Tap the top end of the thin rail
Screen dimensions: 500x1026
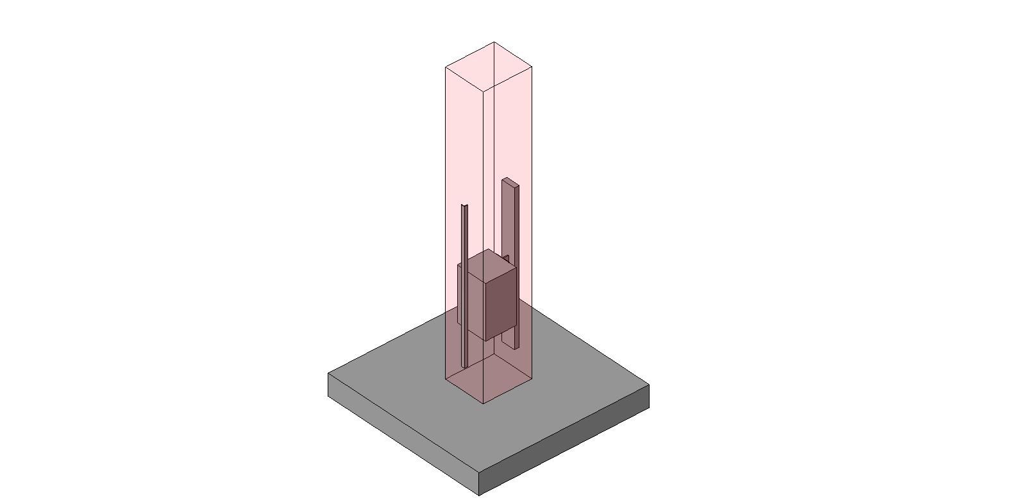(x=464, y=207)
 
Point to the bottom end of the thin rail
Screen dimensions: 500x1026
(x=465, y=366)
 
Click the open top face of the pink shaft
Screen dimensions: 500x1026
(x=489, y=65)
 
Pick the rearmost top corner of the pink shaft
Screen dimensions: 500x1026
(x=494, y=42)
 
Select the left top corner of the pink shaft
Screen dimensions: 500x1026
(x=446, y=66)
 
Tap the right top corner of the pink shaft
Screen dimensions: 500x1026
(x=532, y=65)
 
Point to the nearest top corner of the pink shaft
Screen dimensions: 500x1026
(x=483, y=89)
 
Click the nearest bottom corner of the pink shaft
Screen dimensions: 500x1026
(x=483, y=404)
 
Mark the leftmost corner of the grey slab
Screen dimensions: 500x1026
(x=328, y=374)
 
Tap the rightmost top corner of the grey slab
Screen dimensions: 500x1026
(x=649, y=384)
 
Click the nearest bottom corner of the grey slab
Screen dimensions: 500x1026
(x=479, y=496)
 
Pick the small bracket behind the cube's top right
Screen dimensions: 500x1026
(x=507, y=258)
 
